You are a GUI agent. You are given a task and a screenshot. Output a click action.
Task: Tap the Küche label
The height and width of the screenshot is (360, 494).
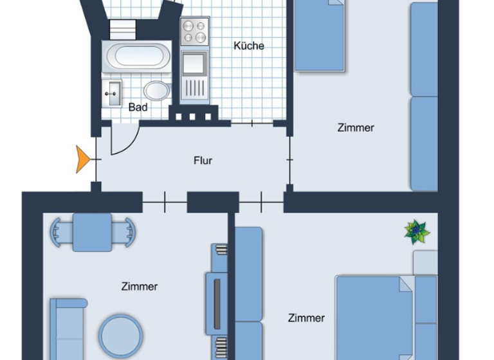248,46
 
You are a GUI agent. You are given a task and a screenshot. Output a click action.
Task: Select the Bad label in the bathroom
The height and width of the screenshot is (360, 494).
138,107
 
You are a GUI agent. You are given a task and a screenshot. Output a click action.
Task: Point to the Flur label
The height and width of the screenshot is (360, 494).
203,160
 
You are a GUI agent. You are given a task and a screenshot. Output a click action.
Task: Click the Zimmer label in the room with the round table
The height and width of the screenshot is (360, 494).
139,287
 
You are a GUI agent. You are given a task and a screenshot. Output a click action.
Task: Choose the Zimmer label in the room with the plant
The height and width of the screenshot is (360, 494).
306,318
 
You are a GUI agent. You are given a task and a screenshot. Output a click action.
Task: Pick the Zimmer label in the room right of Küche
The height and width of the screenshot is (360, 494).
356,127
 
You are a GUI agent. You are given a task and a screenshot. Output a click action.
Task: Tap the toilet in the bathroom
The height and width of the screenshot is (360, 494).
156,91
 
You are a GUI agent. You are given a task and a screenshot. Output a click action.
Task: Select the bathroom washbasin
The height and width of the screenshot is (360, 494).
113,93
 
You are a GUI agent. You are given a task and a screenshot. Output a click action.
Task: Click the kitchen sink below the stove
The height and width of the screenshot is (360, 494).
194,65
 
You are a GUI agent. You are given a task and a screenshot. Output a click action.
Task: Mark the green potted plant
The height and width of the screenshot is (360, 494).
417,231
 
